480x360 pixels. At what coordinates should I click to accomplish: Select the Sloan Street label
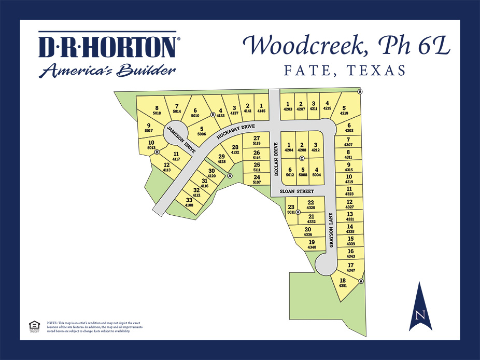[297, 191]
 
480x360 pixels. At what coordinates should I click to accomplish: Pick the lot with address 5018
[157, 110]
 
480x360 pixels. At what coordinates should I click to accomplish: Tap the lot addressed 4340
[312, 244]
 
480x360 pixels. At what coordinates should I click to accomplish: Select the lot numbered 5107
[257, 179]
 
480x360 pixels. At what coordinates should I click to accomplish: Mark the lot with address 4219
[344, 110]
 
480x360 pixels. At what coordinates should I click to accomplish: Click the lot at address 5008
[303, 172]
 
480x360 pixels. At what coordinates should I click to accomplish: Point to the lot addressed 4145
[261, 108]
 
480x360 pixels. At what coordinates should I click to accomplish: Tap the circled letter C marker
[302, 158]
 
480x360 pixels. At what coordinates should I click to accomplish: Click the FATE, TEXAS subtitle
[345, 71]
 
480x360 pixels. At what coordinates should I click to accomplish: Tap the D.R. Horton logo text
[108, 47]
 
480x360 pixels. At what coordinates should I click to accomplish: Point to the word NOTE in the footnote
[52, 323]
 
